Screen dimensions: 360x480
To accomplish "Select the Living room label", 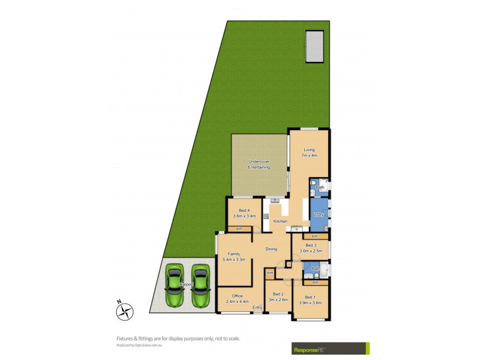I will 309,150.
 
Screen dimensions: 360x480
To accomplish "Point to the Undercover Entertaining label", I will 259,164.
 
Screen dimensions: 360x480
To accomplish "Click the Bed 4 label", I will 244,210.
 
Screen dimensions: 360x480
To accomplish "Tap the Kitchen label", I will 280,222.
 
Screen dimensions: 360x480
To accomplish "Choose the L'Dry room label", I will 319,215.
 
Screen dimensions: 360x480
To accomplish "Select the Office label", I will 237,296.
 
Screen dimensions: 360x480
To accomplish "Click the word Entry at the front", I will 257,308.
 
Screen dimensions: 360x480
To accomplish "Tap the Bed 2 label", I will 278,293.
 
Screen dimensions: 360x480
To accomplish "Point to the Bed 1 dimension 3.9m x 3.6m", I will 310,303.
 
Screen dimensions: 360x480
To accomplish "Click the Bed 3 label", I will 310,245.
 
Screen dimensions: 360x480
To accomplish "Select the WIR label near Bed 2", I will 270,273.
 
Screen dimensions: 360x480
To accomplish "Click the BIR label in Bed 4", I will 239,229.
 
